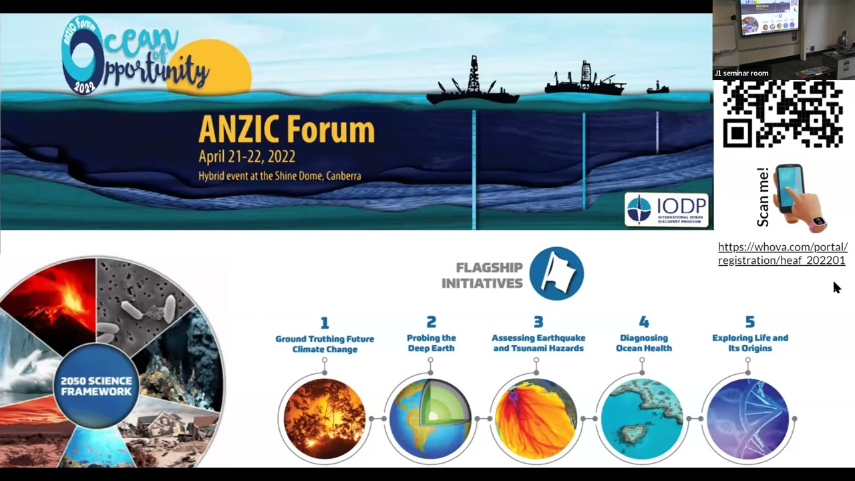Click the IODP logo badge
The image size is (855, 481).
click(x=666, y=210)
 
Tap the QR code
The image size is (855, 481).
click(x=782, y=114)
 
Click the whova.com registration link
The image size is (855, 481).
click(x=782, y=254)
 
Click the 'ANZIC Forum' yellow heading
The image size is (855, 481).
click(x=286, y=130)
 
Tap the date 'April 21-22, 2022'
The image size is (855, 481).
click(x=246, y=158)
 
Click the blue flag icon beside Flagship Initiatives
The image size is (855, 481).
click(x=556, y=273)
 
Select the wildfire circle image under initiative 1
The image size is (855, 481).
click(x=325, y=418)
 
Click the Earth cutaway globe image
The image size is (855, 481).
click(x=430, y=418)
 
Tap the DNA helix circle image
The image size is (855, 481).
click(x=747, y=418)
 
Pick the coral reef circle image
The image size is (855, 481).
click(x=642, y=418)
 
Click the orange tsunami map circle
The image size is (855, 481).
click(x=536, y=418)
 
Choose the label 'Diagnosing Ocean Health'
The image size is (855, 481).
click(x=644, y=343)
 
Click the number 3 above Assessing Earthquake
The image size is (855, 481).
click(x=538, y=323)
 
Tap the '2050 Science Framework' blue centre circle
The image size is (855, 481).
click(x=96, y=386)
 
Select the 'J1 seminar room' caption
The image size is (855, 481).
click(x=741, y=73)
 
